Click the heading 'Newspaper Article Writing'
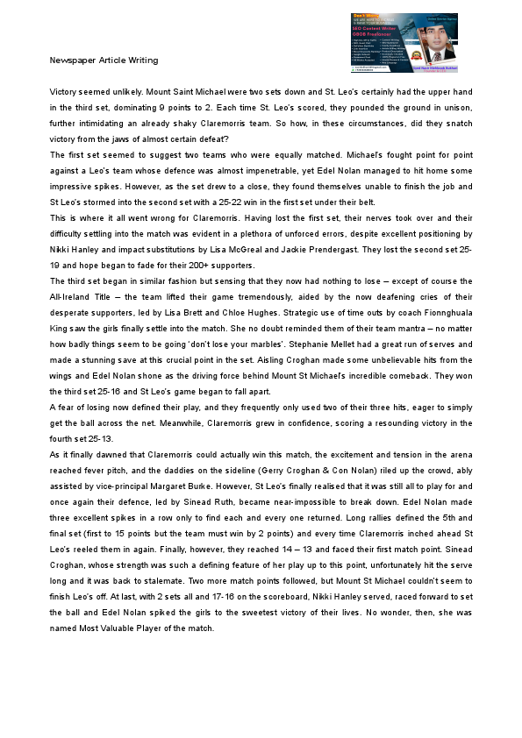[x=104, y=60]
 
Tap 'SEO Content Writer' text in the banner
[x=368, y=29]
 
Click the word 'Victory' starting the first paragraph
[x=64, y=92]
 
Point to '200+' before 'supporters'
[x=209, y=266]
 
